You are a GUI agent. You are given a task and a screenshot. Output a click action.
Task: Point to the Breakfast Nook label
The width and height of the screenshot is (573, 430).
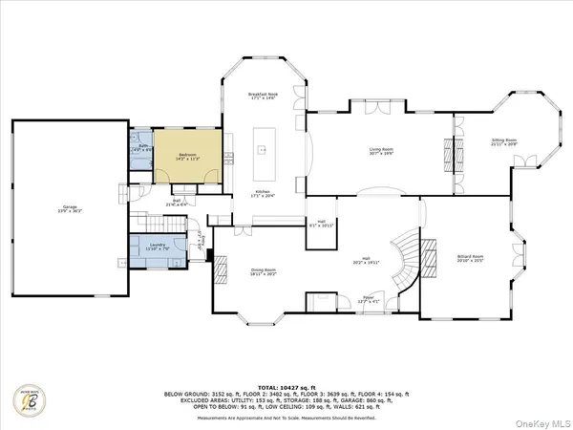(262, 96)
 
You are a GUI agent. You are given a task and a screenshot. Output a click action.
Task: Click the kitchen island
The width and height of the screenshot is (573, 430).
(262, 152)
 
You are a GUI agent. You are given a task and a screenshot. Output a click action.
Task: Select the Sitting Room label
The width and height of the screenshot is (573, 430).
(503, 141)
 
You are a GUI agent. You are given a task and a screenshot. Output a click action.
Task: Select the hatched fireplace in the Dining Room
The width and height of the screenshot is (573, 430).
(219, 271)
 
